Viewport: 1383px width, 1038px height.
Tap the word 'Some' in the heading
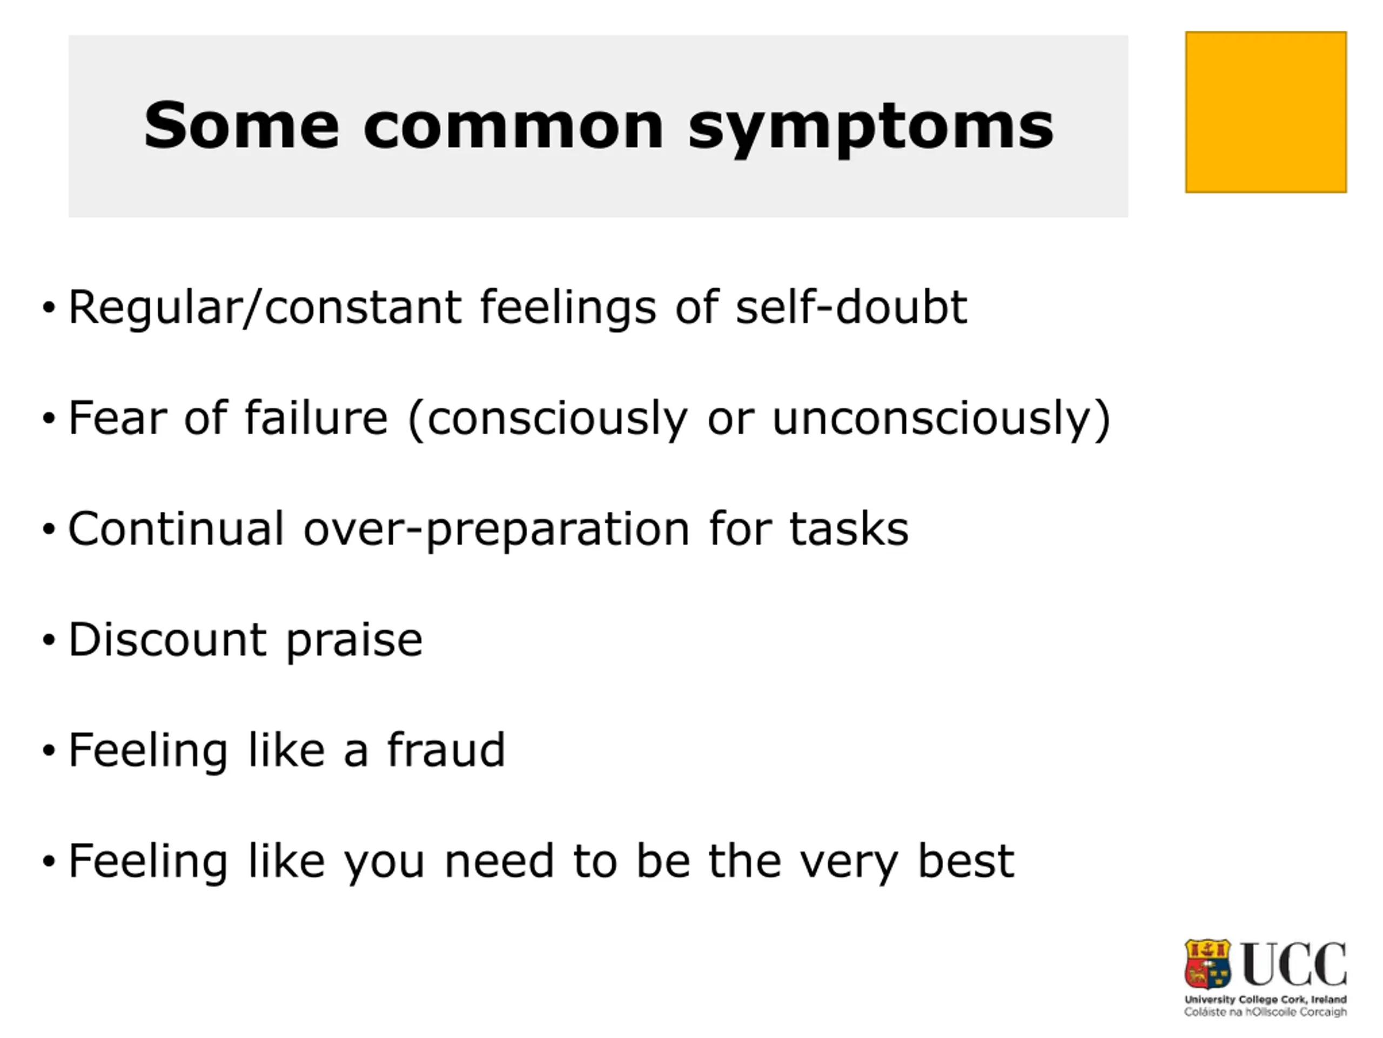click(x=241, y=125)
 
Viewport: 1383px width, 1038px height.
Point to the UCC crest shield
click(x=1207, y=964)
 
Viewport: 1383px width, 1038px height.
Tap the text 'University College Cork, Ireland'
click(x=1265, y=1000)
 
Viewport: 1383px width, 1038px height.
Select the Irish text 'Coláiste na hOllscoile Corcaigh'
click(x=1265, y=1012)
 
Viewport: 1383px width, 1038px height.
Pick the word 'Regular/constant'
click(x=265, y=308)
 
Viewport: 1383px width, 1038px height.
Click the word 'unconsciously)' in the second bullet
click(x=942, y=418)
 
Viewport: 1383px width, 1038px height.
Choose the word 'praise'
click(x=354, y=642)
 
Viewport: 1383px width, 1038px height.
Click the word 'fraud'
click(x=446, y=749)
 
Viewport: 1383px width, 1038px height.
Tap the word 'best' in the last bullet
click(x=965, y=860)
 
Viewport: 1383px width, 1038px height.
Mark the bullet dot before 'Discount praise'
click(x=49, y=641)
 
